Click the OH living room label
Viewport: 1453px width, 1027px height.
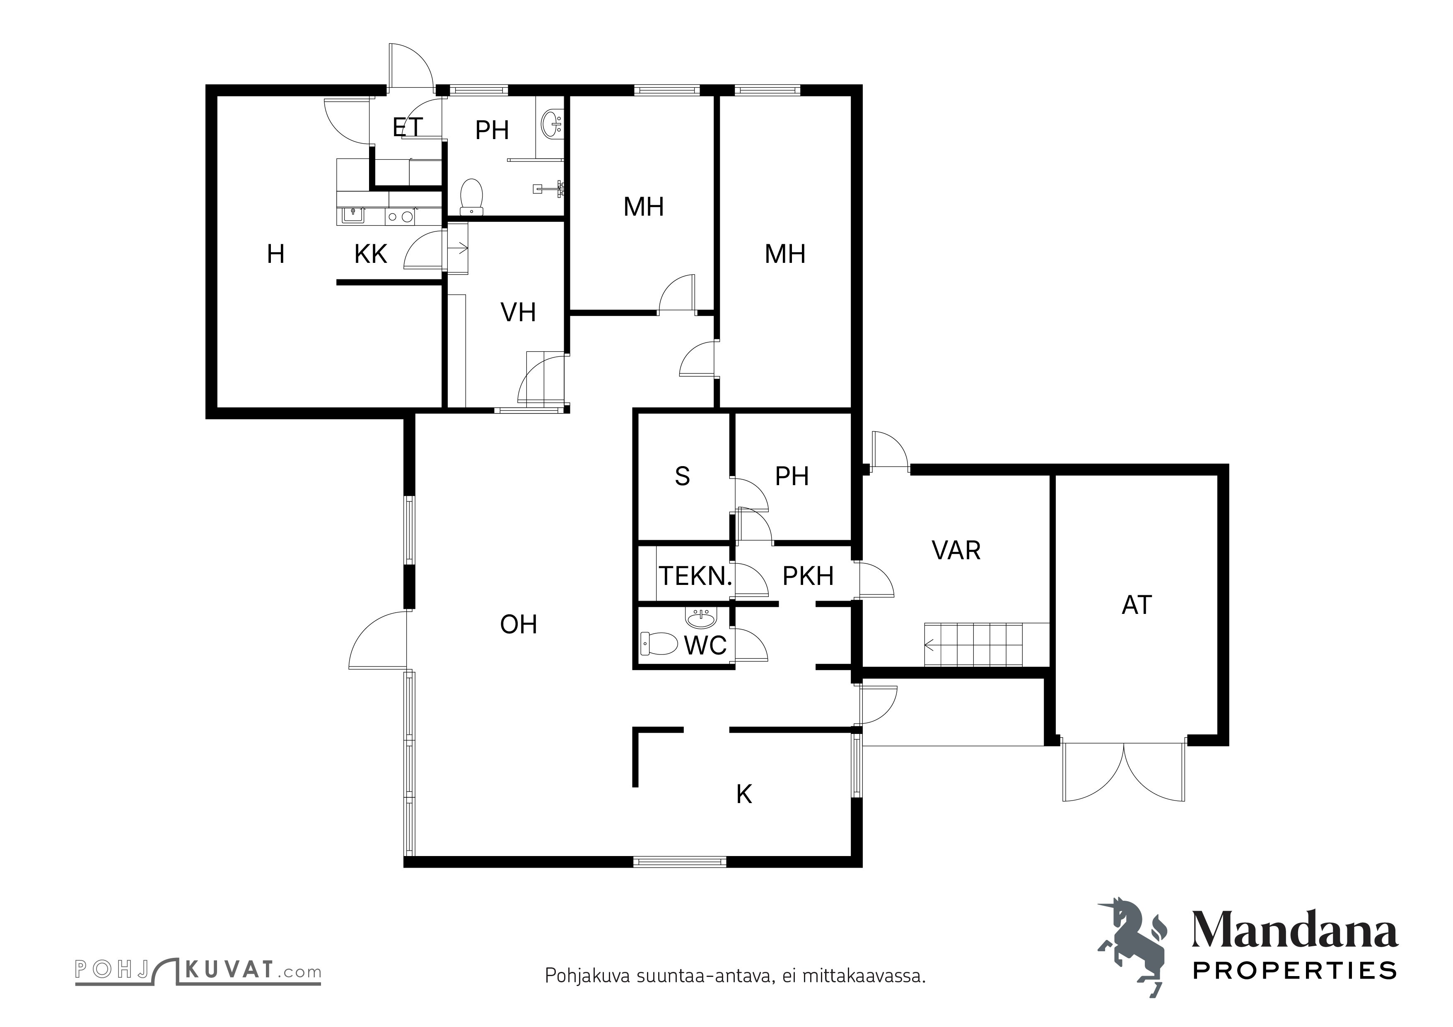[518, 625]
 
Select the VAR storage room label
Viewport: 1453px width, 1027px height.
[956, 551]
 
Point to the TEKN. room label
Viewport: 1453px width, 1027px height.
[695, 576]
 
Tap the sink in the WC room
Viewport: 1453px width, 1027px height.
[700, 615]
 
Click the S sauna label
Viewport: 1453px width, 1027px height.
[682, 476]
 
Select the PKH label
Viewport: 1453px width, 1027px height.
[808, 576]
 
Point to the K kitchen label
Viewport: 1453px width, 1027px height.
[744, 794]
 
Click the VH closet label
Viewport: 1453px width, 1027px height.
[518, 313]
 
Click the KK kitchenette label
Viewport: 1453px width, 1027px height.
[371, 254]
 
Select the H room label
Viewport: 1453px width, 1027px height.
[275, 254]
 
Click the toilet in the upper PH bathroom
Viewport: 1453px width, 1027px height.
[471, 197]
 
